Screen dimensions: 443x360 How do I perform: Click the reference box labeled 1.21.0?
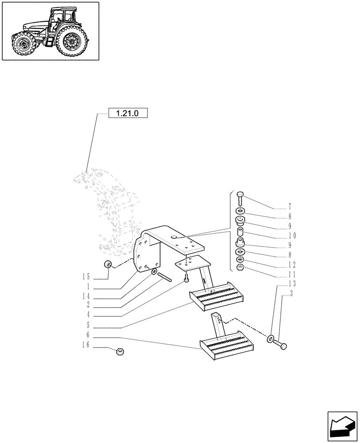[127, 113]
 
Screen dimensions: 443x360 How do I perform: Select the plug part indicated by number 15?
[107, 265]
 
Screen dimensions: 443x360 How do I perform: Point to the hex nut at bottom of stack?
[240, 268]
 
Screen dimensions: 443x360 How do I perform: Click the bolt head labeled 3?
[283, 345]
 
